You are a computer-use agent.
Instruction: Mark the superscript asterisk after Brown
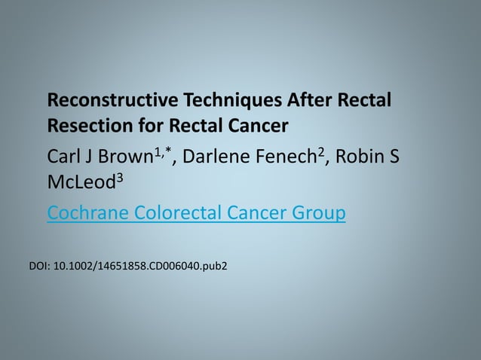click(x=171, y=151)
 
